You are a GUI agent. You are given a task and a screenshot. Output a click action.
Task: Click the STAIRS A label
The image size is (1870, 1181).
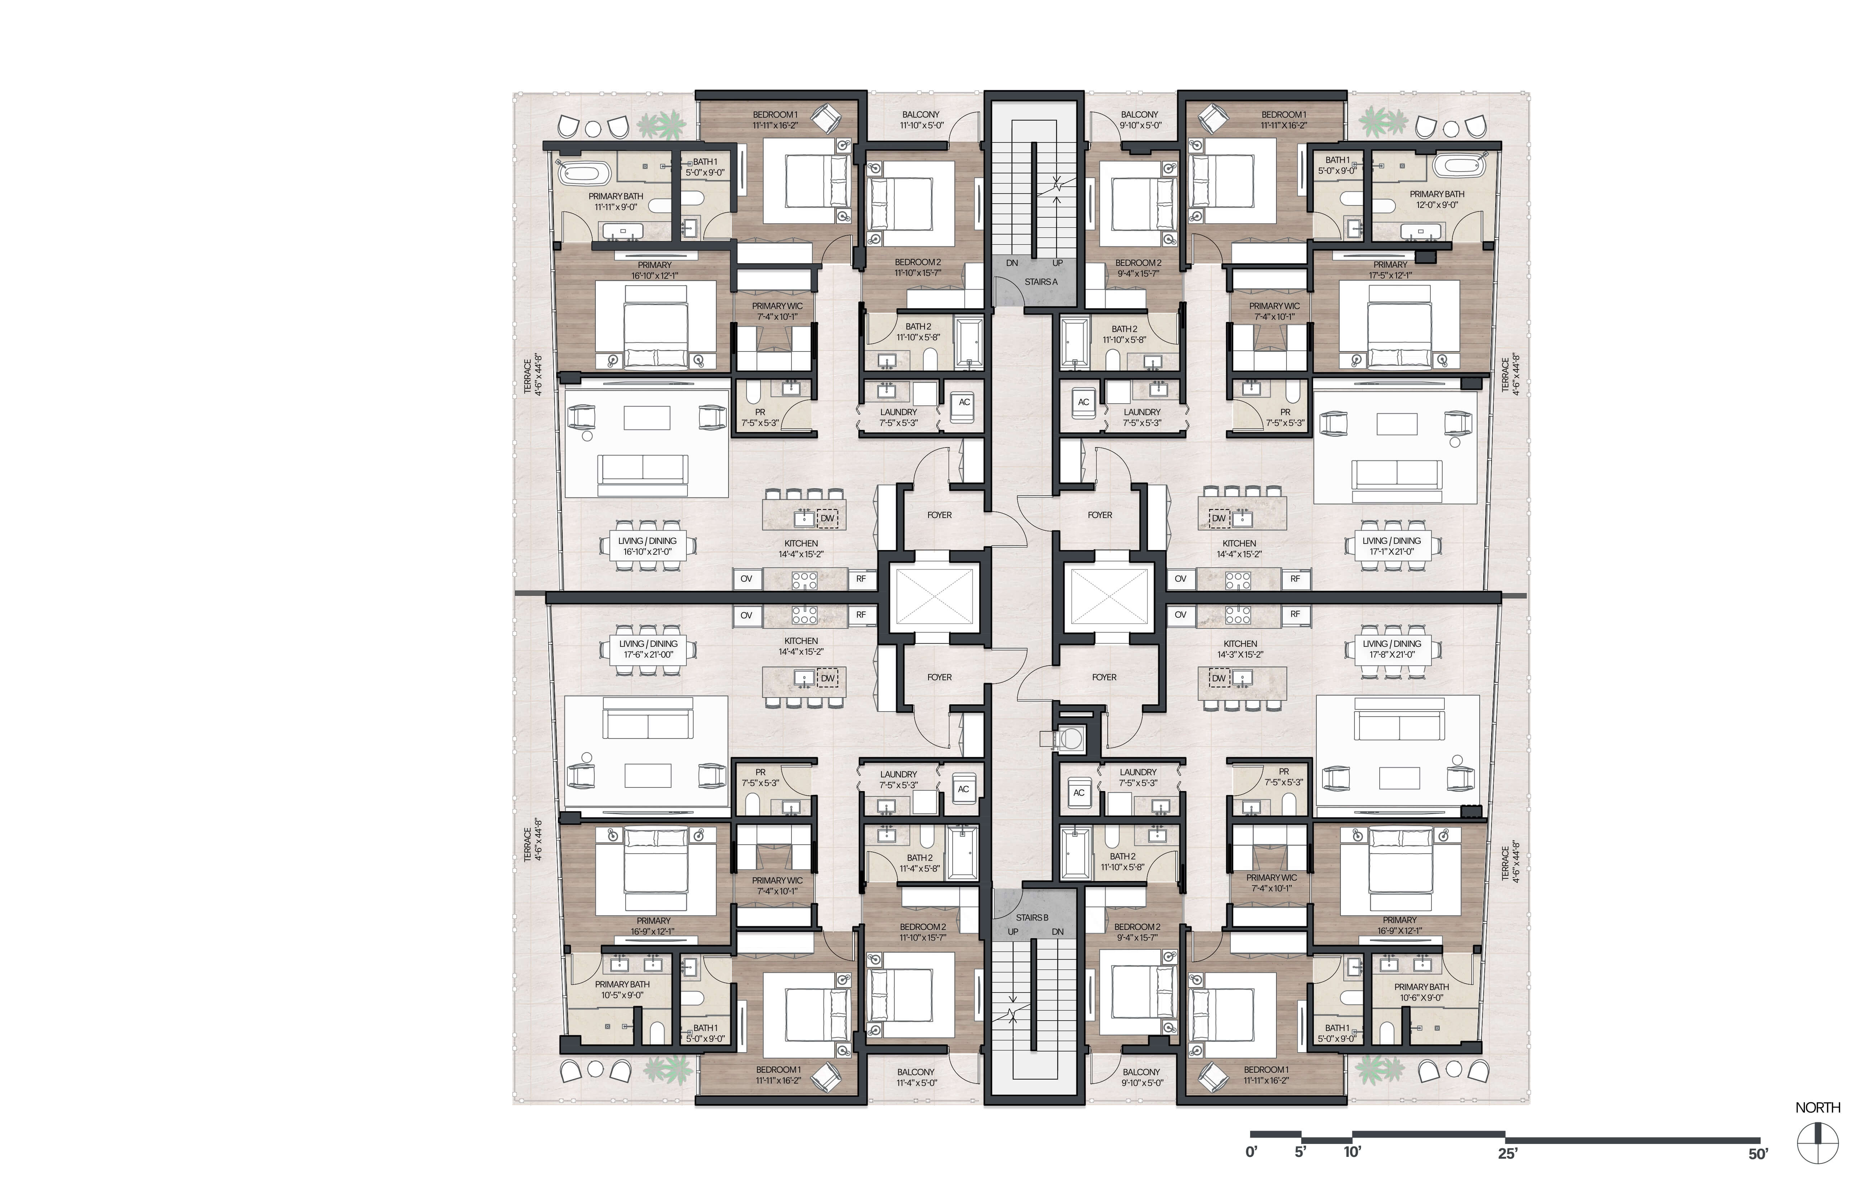tap(1041, 282)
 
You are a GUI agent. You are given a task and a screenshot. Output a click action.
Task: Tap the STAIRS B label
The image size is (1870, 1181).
tap(1032, 918)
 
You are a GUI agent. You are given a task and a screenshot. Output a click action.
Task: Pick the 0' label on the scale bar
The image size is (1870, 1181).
tap(1251, 1152)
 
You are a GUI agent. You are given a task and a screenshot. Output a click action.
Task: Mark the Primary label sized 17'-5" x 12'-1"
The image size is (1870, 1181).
tap(1390, 269)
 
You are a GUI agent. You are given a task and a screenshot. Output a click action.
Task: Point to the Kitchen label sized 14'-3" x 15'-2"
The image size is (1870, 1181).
tap(1240, 649)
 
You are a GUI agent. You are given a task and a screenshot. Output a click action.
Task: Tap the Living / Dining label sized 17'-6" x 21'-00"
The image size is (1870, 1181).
tap(648, 649)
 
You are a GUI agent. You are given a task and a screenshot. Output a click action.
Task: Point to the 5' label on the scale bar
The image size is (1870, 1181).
tap(1301, 1152)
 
